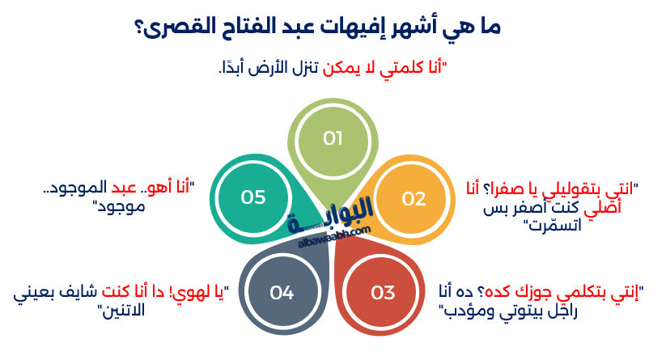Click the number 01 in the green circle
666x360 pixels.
point(333,138)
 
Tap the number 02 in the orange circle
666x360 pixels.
point(414,198)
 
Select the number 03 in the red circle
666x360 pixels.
point(382,292)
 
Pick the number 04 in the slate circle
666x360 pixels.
point(282,292)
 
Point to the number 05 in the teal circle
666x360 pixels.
point(253,197)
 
